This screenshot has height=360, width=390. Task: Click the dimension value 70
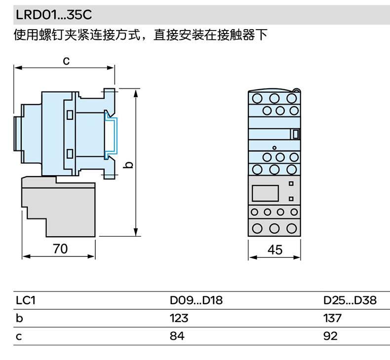tap(60, 249)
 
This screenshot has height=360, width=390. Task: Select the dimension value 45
tap(274, 250)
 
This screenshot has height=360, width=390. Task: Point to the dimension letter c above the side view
tap(65, 61)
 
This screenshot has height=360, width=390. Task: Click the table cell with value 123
tap(179, 318)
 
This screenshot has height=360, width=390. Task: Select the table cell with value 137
tap(332, 318)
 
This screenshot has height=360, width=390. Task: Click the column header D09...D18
tap(196, 300)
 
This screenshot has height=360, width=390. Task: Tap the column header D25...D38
tap(350, 300)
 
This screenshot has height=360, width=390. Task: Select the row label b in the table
tap(20, 318)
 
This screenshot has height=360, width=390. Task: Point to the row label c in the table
tap(20, 336)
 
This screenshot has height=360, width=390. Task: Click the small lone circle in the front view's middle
tap(274, 147)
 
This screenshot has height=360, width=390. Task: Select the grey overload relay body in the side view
tap(58, 207)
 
